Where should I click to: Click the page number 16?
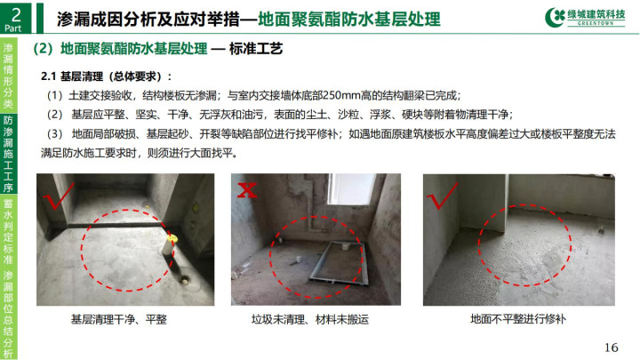pyautogui.click(x=611, y=348)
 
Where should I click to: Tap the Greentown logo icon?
pyautogui.click(x=555, y=17)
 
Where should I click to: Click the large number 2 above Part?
pyautogui.click(x=16, y=14)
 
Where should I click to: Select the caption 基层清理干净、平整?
pyautogui.click(x=119, y=319)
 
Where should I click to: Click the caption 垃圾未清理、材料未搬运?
pyautogui.click(x=310, y=319)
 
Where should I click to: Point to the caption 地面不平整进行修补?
pyautogui.click(x=518, y=319)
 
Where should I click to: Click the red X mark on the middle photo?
pyautogui.click(x=247, y=190)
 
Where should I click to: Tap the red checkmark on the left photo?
pyautogui.click(x=59, y=196)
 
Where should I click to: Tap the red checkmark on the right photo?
pyautogui.click(x=442, y=196)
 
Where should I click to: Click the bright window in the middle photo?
pyautogui.click(x=352, y=189)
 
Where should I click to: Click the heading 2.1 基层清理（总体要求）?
pyautogui.click(x=106, y=76)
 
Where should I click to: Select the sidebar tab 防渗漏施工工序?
pyautogui.click(x=8, y=154)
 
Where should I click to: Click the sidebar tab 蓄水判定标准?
pyautogui.click(x=8, y=232)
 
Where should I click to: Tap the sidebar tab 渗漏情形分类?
pyautogui.click(x=8, y=76)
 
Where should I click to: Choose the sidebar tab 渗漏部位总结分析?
pyautogui.click(x=8, y=315)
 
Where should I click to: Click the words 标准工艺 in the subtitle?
pyautogui.click(x=256, y=49)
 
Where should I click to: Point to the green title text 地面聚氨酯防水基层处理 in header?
pyautogui.click(x=349, y=19)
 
